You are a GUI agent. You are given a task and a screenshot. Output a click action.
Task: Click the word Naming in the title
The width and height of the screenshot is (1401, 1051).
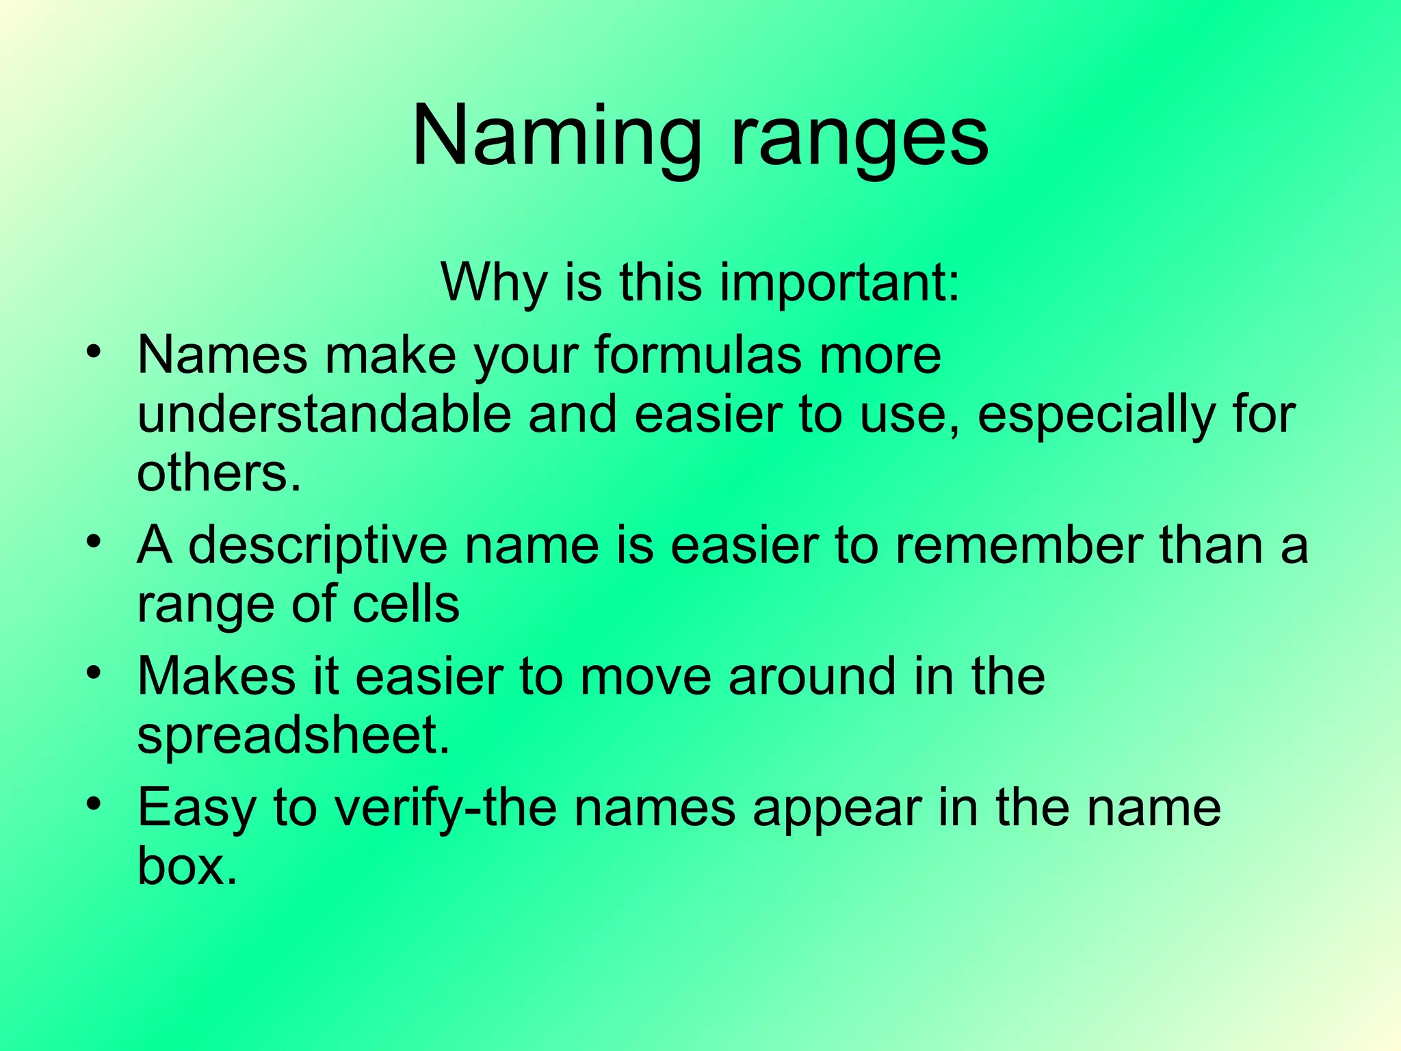(x=556, y=137)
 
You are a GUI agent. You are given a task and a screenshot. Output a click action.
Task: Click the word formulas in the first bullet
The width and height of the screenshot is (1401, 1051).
(x=698, y=356)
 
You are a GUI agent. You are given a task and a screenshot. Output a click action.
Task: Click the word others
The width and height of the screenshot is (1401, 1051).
(x=218, y=473)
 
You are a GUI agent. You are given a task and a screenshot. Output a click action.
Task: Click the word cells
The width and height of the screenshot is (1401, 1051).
(x=406, y=605)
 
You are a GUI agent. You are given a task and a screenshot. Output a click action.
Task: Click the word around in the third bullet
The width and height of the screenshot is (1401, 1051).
(x=812, y=677)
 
